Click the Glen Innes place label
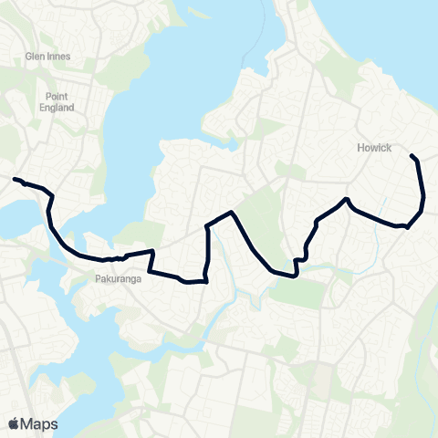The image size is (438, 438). (47, 56)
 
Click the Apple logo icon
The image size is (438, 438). (14, 423)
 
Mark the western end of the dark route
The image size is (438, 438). (15, 179)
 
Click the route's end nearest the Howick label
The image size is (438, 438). (412, 156)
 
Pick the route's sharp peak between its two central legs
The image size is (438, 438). (235, 213)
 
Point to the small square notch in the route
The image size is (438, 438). (297, 265)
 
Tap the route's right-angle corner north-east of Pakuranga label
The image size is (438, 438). (152, 250)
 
